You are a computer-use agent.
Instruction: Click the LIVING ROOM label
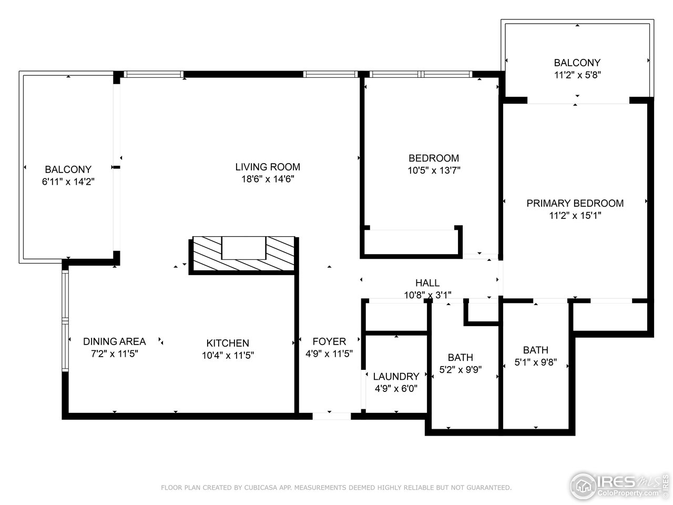pos(267,167)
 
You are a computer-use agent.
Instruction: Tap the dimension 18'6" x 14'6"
pos(267,179)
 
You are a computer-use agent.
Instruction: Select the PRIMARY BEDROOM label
pos(575,204)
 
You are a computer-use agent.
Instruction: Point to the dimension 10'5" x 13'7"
pos(434,170)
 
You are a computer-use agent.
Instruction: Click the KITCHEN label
pos(227,343)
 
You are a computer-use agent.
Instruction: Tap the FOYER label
pos(329,341)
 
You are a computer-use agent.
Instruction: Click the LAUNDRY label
pos(396,377)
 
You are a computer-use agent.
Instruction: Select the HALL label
pos(427,283)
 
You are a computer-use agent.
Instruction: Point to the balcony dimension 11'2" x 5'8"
pos(577,75)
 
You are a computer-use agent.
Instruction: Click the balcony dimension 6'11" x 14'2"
pos(68,182)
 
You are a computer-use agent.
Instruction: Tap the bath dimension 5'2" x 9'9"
pos(460,370)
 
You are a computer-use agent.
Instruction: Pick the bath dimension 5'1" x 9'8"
pos(535,362)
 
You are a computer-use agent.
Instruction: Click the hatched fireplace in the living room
pos(243,255)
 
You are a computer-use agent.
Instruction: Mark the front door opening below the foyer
pos(331,416)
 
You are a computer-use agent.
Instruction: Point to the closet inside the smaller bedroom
pos(411,242)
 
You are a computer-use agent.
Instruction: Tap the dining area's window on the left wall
pos(65,321)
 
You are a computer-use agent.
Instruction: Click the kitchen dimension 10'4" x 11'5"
pos(227,356)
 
